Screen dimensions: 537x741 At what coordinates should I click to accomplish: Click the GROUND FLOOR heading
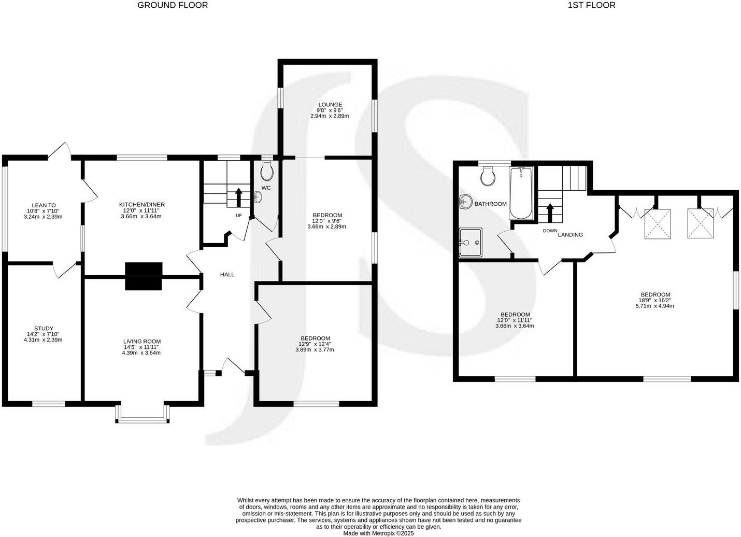172,5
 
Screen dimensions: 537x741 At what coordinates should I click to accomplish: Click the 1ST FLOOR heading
592,5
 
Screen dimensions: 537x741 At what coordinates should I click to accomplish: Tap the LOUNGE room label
330,105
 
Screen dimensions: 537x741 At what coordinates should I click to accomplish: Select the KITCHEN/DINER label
141,205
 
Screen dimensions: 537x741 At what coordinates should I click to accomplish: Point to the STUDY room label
44,328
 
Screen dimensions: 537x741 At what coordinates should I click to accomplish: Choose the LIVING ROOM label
141,341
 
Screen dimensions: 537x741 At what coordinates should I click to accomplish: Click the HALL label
227,274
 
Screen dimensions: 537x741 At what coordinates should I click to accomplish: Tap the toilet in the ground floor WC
267,169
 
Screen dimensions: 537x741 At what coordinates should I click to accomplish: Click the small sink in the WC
259,197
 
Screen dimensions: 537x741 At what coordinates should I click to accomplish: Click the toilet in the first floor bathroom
487,177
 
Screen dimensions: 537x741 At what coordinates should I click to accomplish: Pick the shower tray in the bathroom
471,242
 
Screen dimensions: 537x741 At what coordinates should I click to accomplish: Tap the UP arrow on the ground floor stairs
239,197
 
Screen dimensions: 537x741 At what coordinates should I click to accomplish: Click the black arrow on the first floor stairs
550,212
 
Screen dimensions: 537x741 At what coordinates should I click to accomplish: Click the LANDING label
570,235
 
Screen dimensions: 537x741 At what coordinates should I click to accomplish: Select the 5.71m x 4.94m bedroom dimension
654,306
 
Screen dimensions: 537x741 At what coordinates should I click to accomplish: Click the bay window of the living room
143,413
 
